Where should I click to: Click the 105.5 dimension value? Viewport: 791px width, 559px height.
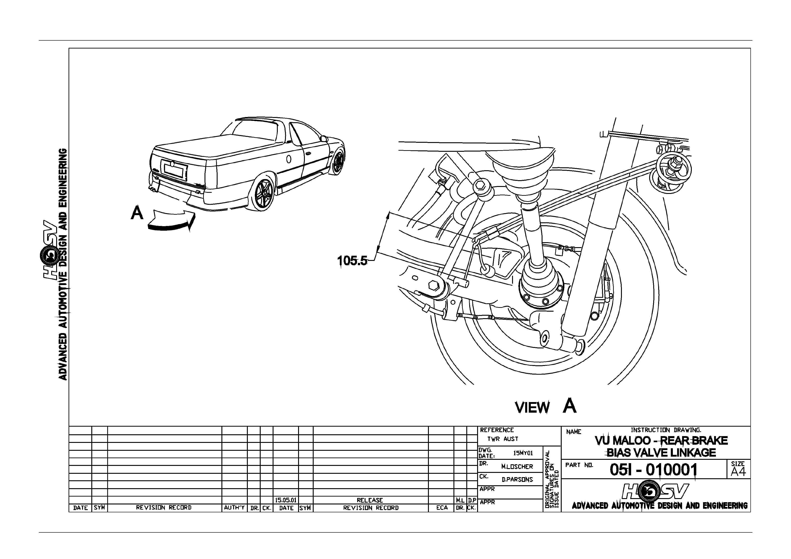click(352, 260)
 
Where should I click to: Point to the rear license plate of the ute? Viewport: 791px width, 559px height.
click(176, 171)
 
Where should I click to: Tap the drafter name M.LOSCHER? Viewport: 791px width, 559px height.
click(517, 467)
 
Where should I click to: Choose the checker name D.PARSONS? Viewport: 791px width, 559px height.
click(517, 479)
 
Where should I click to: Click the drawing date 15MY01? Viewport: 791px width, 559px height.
click(523, 453)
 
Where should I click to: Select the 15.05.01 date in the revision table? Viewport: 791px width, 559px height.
click(286, 500)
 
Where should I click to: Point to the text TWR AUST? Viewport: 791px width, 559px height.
click(503, 439)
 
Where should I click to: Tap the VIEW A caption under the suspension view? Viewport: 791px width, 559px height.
click(545, 406)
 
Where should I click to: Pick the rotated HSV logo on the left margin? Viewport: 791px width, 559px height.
click(48, 250)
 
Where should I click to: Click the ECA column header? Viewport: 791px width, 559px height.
click(442, 508)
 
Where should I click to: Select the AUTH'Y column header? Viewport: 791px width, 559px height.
click(234, 508)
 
